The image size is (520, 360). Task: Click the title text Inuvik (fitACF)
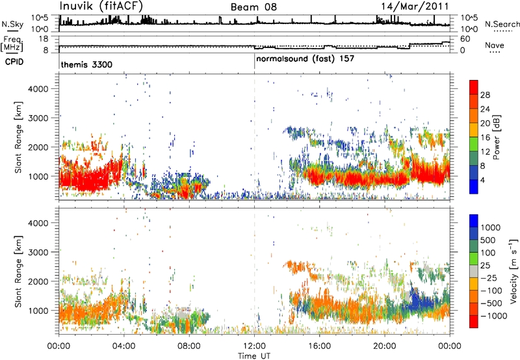101,6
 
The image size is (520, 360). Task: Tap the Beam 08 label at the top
253,7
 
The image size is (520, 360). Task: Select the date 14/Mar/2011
415,6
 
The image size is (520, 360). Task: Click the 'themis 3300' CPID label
86,64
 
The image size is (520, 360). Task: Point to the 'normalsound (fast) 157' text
305,59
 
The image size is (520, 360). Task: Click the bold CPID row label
14,62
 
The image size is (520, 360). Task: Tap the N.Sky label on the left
12,24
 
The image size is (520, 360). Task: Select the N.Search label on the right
502,24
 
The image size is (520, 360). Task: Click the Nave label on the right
495,45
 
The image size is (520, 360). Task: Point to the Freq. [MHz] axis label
12,44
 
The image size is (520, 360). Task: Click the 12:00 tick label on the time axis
254,346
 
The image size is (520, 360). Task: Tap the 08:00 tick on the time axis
189,346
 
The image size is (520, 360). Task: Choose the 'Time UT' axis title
254,356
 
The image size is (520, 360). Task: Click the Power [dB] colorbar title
496,137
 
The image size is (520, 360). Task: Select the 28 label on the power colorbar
485,95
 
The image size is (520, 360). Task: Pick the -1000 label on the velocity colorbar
494,316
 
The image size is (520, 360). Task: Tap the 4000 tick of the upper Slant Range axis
38,89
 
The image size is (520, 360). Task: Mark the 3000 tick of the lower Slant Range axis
38,252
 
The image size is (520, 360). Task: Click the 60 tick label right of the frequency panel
465,39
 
